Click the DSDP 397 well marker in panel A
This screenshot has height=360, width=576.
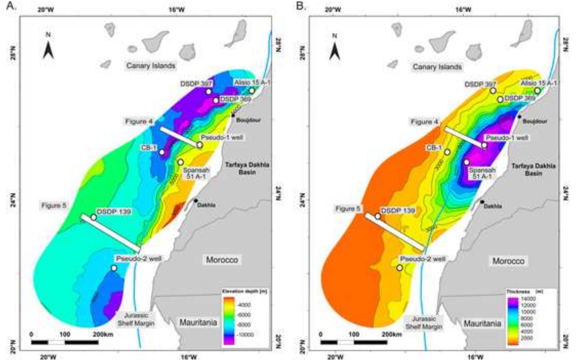[209, 91]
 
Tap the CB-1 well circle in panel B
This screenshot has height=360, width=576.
[447, 152]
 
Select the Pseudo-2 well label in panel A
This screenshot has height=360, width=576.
[139, 258]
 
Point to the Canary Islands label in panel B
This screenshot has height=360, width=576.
[437, 67]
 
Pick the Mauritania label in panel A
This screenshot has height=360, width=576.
[198, 322]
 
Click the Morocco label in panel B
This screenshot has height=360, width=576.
[508, 261]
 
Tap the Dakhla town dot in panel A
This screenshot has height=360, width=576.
[196, 200]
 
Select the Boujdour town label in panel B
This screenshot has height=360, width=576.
[535, 122]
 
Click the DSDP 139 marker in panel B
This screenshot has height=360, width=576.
[378, 216]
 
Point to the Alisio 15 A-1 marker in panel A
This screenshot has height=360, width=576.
[252, 91]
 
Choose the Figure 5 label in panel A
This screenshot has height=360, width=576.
[54, 206]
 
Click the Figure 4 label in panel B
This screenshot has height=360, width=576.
[425, 122]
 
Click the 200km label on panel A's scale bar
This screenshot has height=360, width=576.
[103, 334]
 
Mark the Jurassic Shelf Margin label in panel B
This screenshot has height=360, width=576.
[424, 323]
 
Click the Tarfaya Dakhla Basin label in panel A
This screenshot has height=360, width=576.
[247, 168]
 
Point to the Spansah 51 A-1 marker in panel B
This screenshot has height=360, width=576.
[467, 162]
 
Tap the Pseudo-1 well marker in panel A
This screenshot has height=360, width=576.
[200, 145]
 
